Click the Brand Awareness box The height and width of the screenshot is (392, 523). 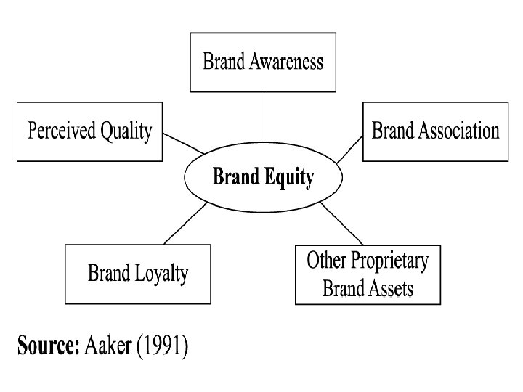click(x=263, y=61)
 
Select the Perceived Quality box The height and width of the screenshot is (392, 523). click(x=89, y=131)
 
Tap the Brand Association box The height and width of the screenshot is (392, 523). click(x=435, y=131)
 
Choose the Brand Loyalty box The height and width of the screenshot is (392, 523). click(x=137, y=274)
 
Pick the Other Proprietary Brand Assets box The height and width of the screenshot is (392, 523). click(x=368, y=274)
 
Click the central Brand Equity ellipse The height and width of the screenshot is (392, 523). click(x=263, y=176)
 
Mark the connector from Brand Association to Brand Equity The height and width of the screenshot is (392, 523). click(x=350, y=148)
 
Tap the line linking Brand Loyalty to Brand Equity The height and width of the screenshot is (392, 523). click(x=187, y=224)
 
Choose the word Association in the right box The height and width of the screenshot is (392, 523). click(x=456, y=131)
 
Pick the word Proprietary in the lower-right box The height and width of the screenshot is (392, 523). click(x=389, y=261)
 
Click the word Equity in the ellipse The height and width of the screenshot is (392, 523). click(x=289, y=177)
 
